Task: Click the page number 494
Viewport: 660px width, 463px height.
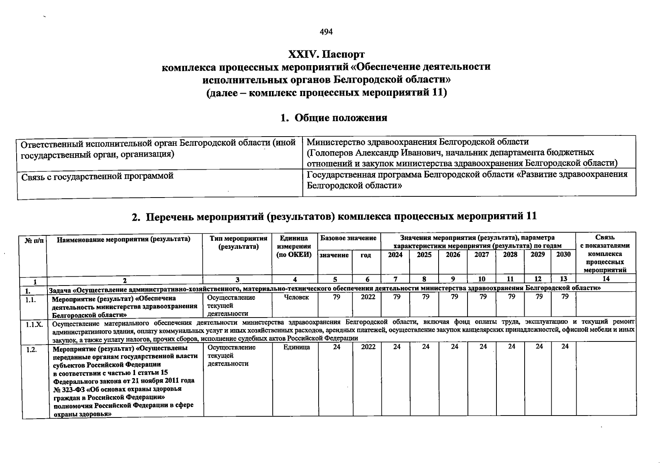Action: [x=326, y=32]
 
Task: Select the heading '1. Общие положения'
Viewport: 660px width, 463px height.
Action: [x=334, y=118]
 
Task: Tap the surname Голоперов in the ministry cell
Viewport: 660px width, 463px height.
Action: [x=333, y=152]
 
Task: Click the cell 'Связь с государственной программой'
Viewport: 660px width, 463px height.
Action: [x=97, y=176]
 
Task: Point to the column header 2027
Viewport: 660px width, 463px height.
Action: [x=481, y=255]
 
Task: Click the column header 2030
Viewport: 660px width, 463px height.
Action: [x=563, y=255]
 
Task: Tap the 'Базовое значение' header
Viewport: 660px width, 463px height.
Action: [x=348, y=238]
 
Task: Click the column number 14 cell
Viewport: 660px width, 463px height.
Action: [x=606, y=279]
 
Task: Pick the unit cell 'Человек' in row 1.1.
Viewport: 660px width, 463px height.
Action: [x=296, y=297]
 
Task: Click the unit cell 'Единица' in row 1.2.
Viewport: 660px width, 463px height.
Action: [x=296, y=347]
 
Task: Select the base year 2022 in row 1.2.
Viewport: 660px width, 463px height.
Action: [x=368, y=347]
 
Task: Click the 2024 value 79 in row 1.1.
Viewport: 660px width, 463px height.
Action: [x=397, y=297]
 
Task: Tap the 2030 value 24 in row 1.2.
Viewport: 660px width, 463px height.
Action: [x=565, y=346]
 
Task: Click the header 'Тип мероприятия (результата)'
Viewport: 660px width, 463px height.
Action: [x=238, y=243]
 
